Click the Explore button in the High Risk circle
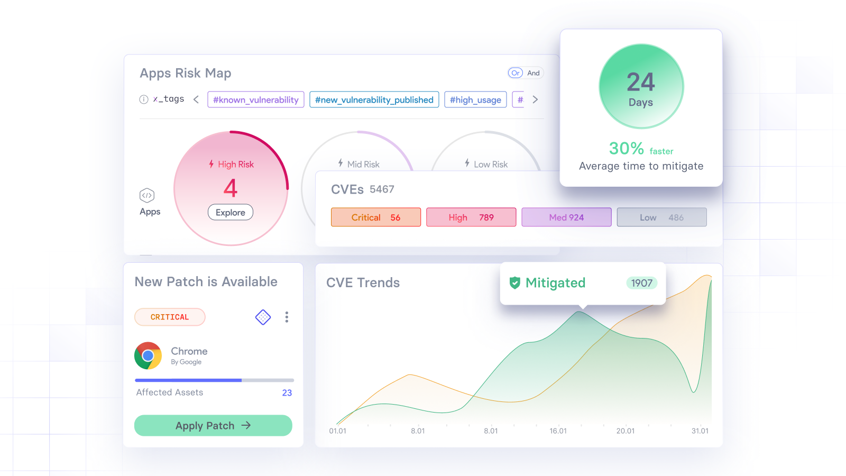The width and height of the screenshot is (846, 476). coord(231,212)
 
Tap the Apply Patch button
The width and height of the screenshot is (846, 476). coord(213,425)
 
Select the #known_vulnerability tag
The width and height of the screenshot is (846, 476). coord(256,99)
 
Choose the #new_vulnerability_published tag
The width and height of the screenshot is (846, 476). coord(374,99)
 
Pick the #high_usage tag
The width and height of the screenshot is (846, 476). coord(475,99)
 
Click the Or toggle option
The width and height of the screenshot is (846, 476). coord(516,73)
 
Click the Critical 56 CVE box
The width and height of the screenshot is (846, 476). coord(376,217)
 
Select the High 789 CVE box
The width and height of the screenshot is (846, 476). coord(471,217)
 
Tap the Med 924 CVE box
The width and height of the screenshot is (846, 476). coord(566,217)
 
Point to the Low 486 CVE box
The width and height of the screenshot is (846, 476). coord(661,217)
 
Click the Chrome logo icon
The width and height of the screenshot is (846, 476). coord(148,355)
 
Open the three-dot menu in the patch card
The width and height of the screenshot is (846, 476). coord(287,317)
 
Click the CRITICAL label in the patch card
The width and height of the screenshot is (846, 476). coord(170,317)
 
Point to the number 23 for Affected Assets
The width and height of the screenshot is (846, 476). coord(287,393)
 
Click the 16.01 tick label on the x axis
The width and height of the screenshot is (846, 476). coord(558,431)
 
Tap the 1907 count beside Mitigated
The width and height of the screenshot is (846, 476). coord(641,283)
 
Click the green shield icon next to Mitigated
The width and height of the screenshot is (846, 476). coord(514,283)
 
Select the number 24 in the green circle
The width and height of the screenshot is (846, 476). coord(641,82)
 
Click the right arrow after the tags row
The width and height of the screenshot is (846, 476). coord(535,99)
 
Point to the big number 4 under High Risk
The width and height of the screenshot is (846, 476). coord(231,188)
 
